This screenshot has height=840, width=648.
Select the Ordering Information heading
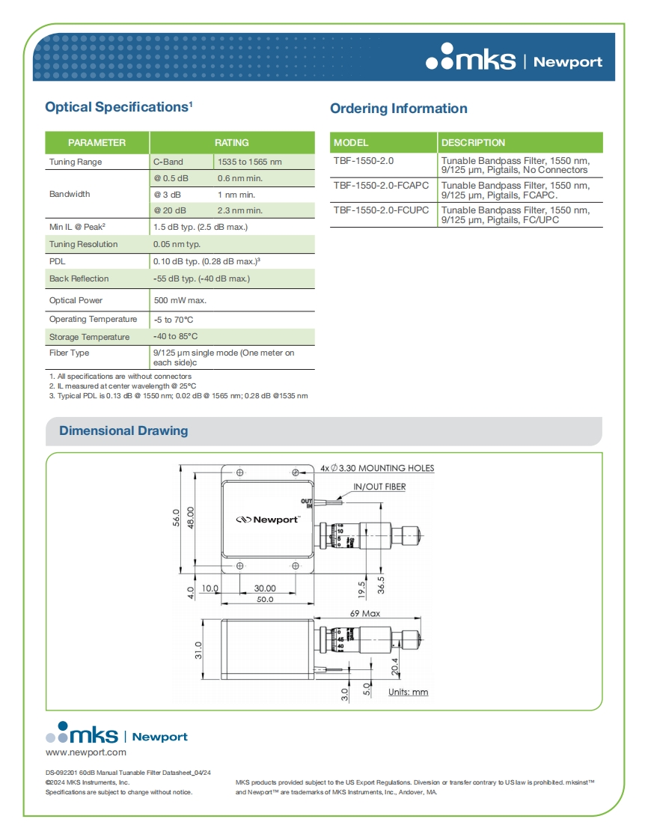coord(398,109)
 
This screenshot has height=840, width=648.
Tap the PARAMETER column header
coord(97,142)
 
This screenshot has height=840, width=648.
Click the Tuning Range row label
coord(76,162)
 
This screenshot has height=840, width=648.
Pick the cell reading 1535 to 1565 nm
coord(249,162)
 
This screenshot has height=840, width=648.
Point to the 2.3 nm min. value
coord(239,210)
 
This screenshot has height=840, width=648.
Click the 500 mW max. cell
coord(180,300)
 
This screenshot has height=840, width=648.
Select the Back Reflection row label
coord(79,279)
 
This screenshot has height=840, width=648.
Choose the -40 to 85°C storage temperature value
coord(176,337)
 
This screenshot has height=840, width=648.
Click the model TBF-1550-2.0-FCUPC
coord(381,210)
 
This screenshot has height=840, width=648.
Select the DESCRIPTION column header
coord(473,142)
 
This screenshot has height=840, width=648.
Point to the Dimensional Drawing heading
coord(123,431)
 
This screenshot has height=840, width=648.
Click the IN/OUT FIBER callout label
coord(379,487)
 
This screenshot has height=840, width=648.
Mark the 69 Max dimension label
coord(365,613)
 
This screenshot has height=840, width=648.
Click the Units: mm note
coord(408,692)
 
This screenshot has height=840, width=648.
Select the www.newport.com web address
coord(86,752)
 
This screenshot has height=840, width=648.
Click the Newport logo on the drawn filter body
coord(268,519)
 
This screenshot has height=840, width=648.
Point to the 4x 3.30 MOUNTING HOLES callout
coord(377,468)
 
